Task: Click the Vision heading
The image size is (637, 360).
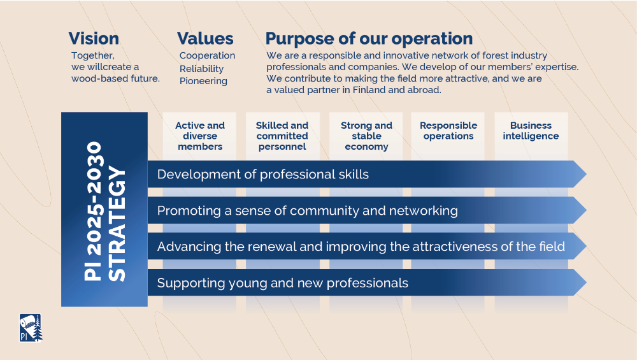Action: click(x=94, y=39)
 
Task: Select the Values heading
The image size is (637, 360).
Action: click(x=205, y=39)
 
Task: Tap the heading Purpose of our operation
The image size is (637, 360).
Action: click(x=369, y=39)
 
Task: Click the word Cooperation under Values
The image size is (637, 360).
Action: click(x=207, y=55)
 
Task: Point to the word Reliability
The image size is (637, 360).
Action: click(x=201, y=69)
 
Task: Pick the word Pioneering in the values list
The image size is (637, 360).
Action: click(x=203, y=81)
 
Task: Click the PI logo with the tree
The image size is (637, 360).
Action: click(x=31, y=328)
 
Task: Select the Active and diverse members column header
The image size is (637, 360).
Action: click(x=200, y=136)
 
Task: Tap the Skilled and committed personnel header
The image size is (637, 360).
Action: click(x=282, y=136)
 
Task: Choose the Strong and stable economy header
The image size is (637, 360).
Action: click(x=366, y=136)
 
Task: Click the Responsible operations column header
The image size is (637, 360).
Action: click(x=448, y=131)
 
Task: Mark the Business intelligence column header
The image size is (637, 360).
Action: click(x=531, y=131)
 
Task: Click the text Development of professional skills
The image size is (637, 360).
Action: click(x=263, y=175)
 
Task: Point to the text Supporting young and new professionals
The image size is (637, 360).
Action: click(x=282, y=283)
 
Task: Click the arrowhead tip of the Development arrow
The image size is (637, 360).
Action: click(x=586, y=174)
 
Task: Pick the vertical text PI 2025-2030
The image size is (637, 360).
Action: click(x=93, y=212)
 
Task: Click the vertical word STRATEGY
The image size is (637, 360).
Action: click(x=117, y=224)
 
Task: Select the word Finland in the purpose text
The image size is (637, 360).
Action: click(x=369, y=90)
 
